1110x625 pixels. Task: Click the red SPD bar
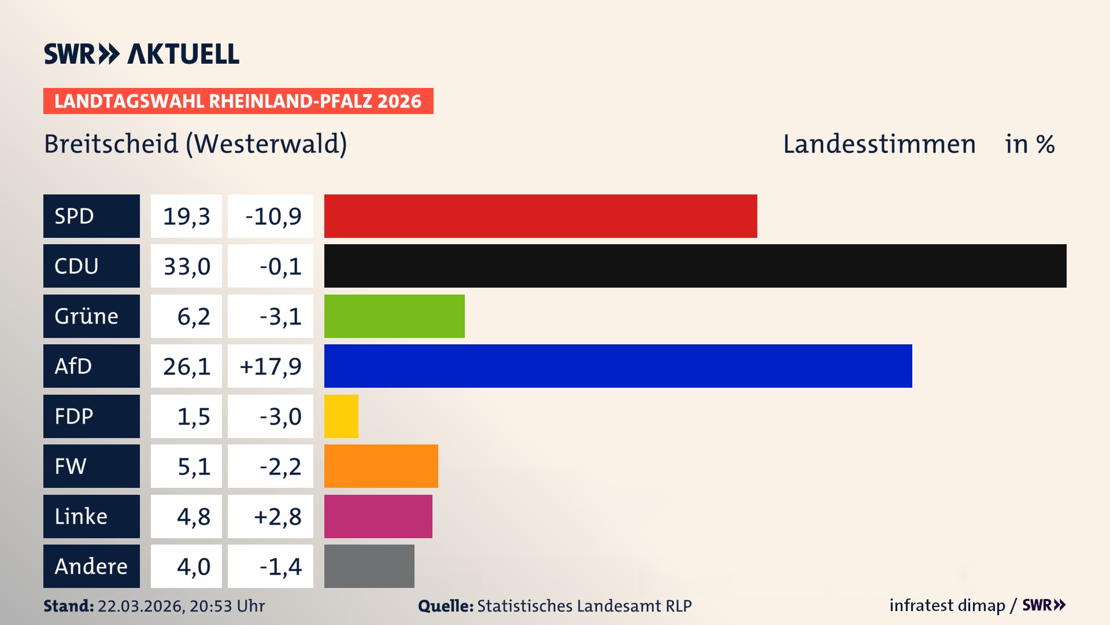pos(541,216)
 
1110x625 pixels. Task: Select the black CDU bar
pos(695,266)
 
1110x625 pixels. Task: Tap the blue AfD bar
pos(618,366)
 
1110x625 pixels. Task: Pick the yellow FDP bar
pos(341,416)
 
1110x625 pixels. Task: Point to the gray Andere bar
pos(369,566)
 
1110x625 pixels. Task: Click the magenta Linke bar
pos(378,516)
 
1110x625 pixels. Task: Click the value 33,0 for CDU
pos(186,266)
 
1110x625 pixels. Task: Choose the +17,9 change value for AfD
pos(271,366)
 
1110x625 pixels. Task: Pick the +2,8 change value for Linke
pos(277,516)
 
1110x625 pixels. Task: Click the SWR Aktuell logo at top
pos(142,54)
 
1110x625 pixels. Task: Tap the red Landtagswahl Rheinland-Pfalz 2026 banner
pos(238,101)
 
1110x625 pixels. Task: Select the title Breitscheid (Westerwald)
pos(195,144)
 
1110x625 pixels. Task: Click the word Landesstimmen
pos(879,144)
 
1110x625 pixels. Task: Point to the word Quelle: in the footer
pos(445,606)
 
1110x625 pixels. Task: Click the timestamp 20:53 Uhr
pos(227,606)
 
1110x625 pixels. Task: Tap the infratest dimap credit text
pos(947,605)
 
